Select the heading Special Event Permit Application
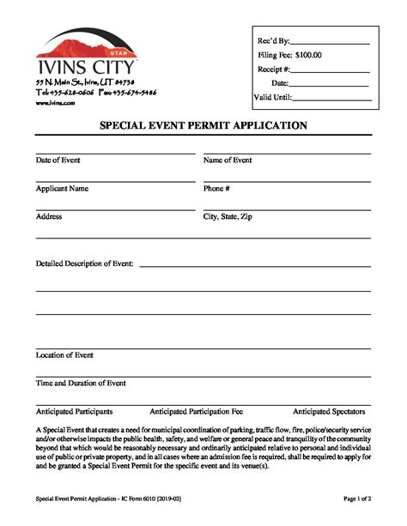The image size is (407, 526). (203, 125)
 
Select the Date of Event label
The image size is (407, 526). (59, 160)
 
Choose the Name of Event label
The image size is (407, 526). (228, 160)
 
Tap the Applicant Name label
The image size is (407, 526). (62, 188)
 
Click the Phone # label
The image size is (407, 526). (216, 188)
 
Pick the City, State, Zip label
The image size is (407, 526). (228, 216)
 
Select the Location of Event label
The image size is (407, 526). (64, 354)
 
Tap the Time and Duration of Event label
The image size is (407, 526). (81, 383)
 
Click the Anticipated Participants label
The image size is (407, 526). (74, 411)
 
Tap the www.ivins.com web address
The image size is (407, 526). (56, 102)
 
